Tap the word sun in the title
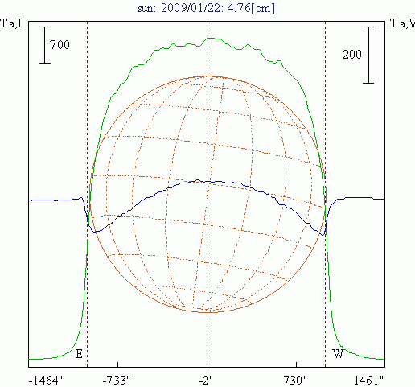click(x=146, y=9)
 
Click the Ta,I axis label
click(x=11, y=23)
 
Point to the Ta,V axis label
click(x=402, y=23)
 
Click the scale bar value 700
click(x=60, y=44)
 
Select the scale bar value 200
click(x=352, y=55)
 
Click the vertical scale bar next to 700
click(x=45, y=45)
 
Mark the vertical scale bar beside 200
click(x=368, y=55)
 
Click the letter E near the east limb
click(x=79, y=354)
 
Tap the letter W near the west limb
click(x=338, y=354)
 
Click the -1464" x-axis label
click(x=45, y=381)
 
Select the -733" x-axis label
click(x=117, y=381)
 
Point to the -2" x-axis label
click(x=206, y=381)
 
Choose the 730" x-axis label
click(x=295, y=381)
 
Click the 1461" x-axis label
click(x=368, y=381)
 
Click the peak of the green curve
click(x=211, y=38)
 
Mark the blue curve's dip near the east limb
click(x=94, y=232)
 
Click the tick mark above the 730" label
click(x=296, y=364)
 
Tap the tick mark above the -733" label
click(x=117, y=364)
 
